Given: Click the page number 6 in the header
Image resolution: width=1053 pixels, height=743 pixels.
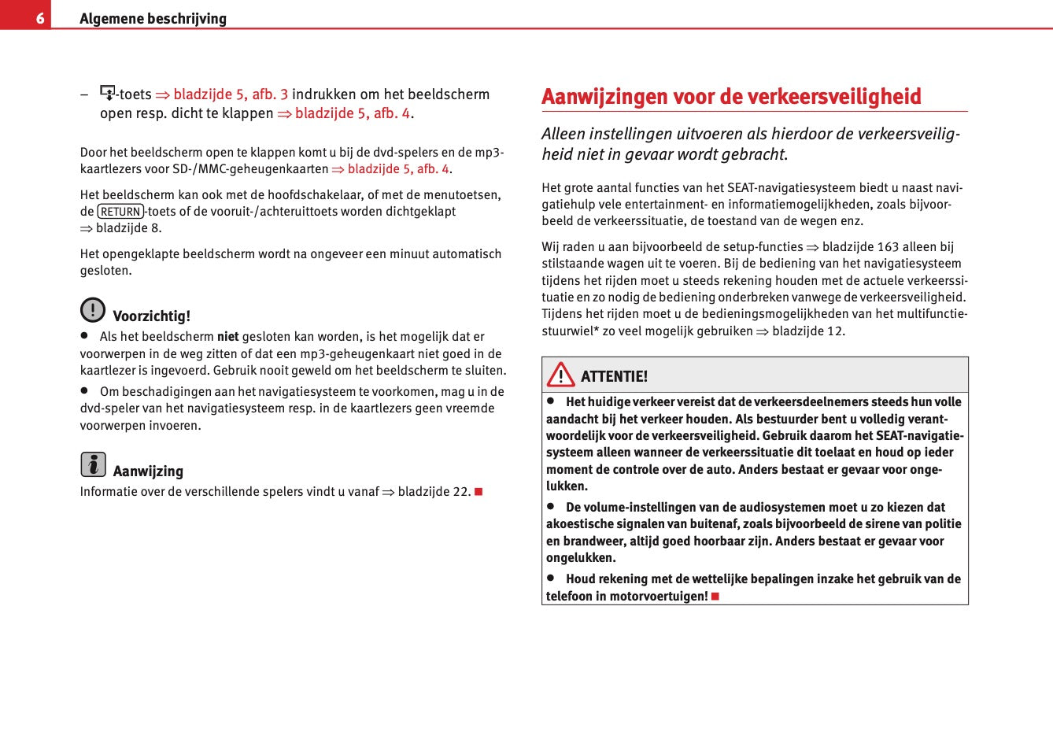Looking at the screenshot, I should (39, 17).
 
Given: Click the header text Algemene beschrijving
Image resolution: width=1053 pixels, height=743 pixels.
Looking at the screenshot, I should (153, 18).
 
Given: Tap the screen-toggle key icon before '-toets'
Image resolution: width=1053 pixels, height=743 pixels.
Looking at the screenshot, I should (108, 93).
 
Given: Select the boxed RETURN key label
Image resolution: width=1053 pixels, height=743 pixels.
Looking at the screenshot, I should (120, 211).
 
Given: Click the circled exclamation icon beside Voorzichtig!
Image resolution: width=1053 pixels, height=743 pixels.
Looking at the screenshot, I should (93, 310).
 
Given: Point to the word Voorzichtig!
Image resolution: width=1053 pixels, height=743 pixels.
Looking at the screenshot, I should (151, 316).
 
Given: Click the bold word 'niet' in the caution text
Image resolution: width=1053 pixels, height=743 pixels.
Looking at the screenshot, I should (227, 337).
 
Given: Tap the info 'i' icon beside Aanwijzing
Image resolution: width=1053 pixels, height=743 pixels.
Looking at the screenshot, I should (93, 464).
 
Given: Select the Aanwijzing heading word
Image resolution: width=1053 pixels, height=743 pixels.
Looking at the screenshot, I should (148, 471).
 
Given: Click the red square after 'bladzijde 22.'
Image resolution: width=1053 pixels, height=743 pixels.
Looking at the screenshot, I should (478, 492).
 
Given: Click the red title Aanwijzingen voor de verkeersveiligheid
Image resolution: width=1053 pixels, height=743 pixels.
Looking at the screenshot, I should (731, 97).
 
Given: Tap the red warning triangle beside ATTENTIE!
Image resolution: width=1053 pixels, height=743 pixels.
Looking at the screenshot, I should (561, 375).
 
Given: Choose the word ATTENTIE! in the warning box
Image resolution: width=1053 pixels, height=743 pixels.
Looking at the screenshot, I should (614, 376).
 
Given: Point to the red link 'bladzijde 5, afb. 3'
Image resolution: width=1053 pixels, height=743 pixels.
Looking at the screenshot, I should (231, 94).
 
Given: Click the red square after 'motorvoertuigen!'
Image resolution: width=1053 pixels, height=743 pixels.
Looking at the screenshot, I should (715, 597).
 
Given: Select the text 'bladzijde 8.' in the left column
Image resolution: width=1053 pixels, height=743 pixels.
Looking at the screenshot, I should (128, 228).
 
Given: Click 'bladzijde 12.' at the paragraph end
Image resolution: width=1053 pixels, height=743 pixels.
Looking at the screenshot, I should (808, 331).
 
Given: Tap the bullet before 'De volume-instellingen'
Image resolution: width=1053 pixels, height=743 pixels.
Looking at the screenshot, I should (552, 506).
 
